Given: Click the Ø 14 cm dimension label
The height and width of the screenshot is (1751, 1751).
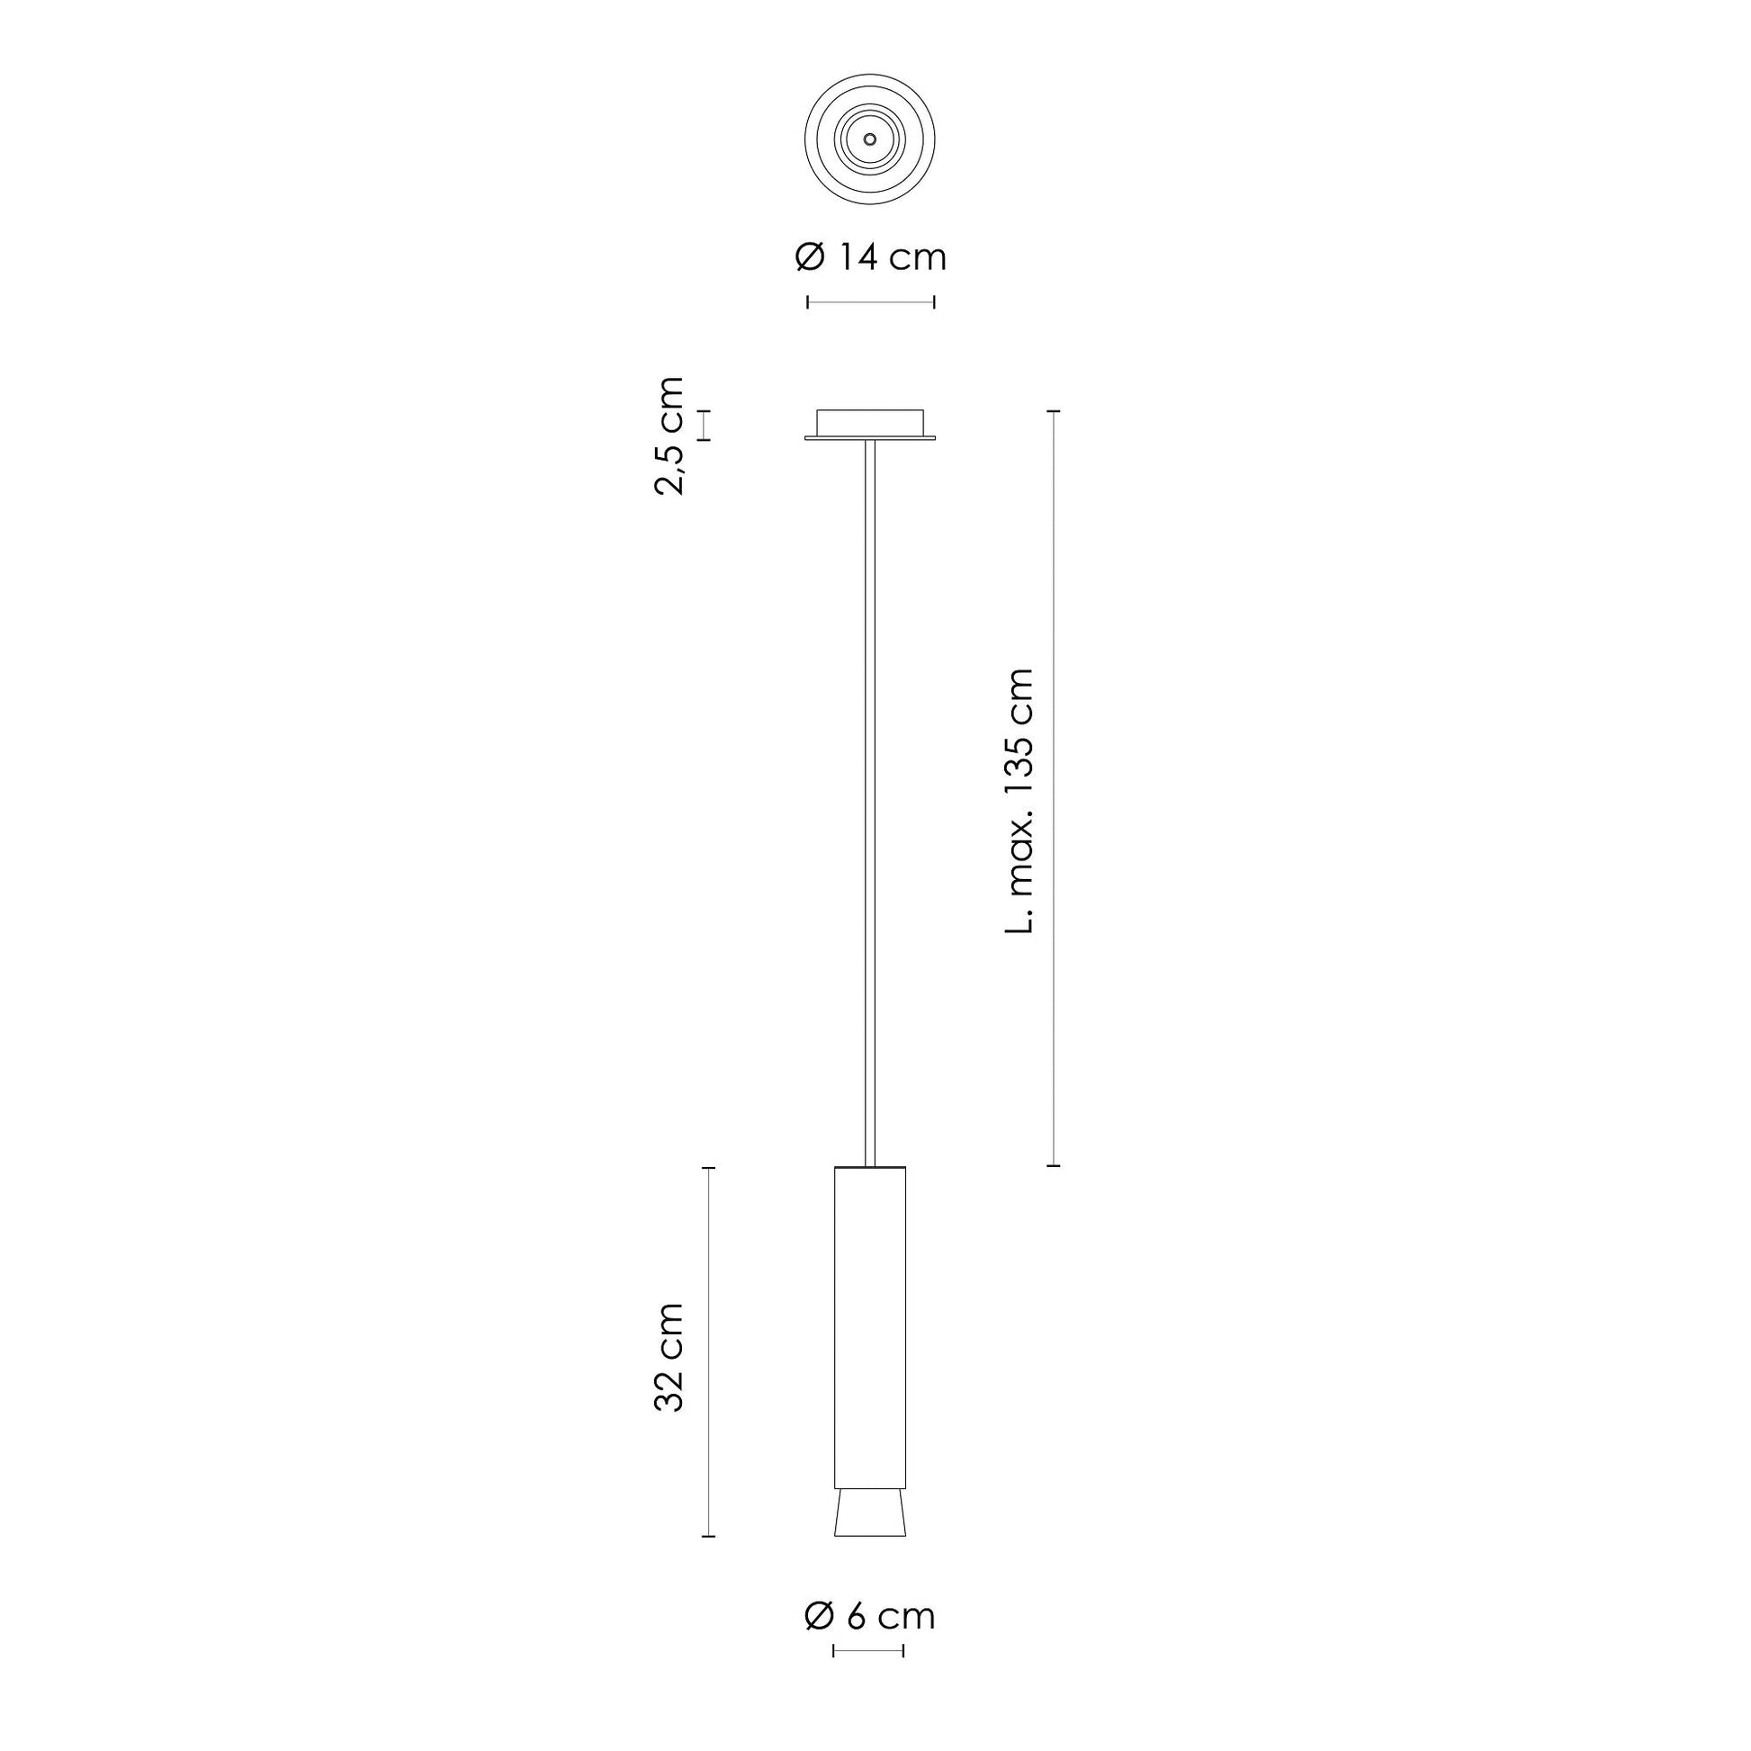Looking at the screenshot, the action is tap(870, 257).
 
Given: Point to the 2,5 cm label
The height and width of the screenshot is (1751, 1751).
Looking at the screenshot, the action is tap(668, 435).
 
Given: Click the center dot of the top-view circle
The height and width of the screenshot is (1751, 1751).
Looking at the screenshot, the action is tap(870, 139).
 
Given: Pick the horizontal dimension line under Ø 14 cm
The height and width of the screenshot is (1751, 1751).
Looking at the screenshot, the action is tap(870, 301).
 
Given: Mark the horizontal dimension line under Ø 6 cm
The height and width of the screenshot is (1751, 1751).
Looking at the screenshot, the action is tap(868, 1651).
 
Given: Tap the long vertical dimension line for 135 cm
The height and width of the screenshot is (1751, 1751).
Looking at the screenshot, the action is tap(1053, 787).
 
